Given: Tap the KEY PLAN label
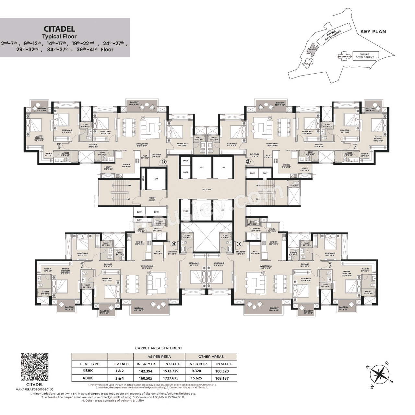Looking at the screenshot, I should [373, 31].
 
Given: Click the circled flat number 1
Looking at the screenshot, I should [164, 161].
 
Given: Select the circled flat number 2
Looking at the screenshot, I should [248, 161].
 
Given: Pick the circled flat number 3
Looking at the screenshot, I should [239, 244].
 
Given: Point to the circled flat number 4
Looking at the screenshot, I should [174, 244].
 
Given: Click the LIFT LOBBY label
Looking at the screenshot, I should [206, 189].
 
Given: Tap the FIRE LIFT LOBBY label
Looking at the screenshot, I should [152, 199].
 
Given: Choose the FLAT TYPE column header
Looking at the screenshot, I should [89, 364].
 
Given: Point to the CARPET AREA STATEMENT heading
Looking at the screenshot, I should [159, 348].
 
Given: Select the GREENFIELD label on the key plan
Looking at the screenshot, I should [344, 56].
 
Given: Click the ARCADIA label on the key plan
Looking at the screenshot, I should [307, 64].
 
